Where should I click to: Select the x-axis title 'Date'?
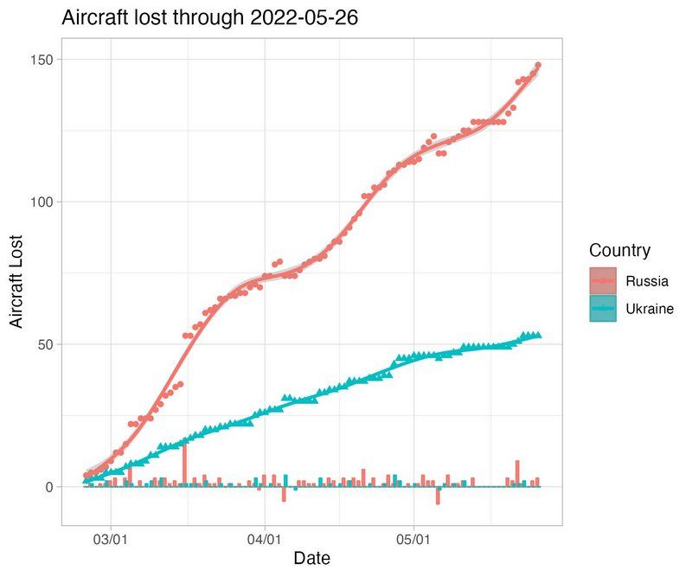click(x=311, y=558)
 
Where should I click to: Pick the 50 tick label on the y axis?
click(x=45, y=344)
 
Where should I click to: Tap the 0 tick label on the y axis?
click(x=48, y=487)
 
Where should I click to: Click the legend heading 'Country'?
click(x=619, y=251)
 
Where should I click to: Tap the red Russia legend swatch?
click(x=603, y=281)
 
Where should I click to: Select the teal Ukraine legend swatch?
click(x=603, y=309)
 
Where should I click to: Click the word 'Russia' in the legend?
click(x=647, y=281)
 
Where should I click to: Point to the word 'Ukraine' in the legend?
click(x=650, y=309)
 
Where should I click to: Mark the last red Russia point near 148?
click(x=538, y=65)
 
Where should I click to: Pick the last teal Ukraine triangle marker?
click(x=538, y=335)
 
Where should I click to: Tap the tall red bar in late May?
click(x=517, y=473)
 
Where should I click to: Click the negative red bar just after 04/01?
click(x=284, y=494)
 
